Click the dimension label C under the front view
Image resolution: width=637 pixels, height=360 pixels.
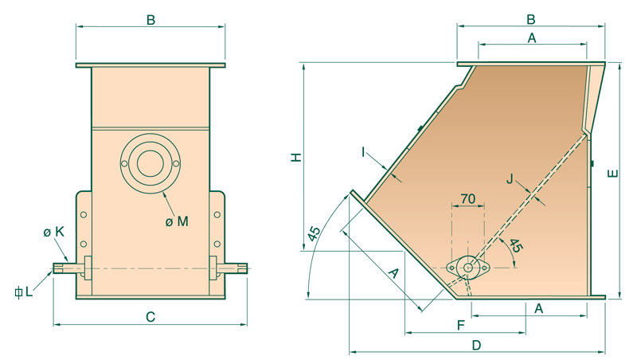point(150,316)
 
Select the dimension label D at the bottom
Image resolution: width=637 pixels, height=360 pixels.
point(476,346)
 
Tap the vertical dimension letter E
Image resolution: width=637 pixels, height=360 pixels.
point(612,174)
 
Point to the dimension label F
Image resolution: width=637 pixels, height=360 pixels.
point(461,325)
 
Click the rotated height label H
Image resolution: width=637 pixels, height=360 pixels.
point(296,157)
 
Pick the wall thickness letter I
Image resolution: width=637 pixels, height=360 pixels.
point(363,152)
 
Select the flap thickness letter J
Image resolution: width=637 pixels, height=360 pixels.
point(510,178)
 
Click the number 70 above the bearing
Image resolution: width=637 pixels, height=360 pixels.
point(468,198)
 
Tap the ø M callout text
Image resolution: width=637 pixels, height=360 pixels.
point(177,221)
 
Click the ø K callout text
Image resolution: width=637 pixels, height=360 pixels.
point(54,232)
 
